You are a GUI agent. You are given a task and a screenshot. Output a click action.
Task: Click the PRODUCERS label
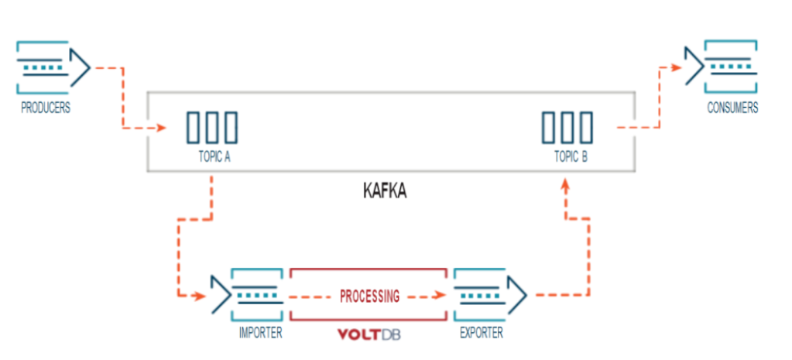(x=46, y=108)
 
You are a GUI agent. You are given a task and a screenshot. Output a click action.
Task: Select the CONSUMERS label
(x=732, y=108)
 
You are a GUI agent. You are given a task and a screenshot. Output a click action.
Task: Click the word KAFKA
(x=384, y=190)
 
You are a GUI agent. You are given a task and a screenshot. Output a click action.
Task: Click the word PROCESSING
(x=369, y=296)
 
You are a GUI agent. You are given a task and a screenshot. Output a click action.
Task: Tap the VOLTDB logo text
(x=369, y=335)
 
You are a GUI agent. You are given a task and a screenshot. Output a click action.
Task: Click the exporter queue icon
(x=490, y=295)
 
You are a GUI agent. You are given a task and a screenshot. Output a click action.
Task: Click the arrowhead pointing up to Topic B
(x=567, y=184)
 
